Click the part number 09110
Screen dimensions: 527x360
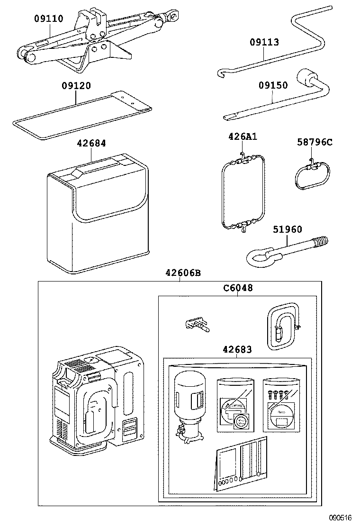(x=48, y=18)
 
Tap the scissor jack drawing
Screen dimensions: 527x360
(x=95, y=40)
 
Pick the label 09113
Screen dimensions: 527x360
(x=264, y=42)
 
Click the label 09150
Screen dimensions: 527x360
(x=273, y=86)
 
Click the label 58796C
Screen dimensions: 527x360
(x=315, y=142)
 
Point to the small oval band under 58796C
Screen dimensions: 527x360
(x=312, y=176)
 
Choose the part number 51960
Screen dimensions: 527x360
(x=287, y=230)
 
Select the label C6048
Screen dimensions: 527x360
(x=238, y=288)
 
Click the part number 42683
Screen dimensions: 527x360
(x=237, y=350)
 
